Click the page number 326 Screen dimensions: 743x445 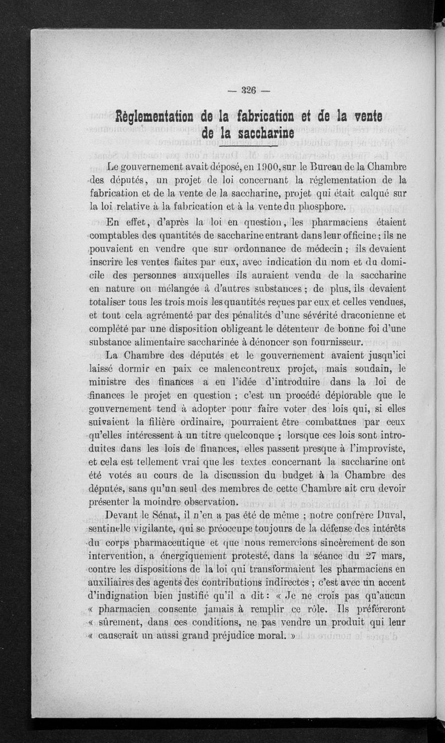click(x=249, y=92)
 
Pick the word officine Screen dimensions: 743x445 click(x=350, y=234)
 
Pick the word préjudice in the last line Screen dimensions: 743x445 click(x=238, y=635)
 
